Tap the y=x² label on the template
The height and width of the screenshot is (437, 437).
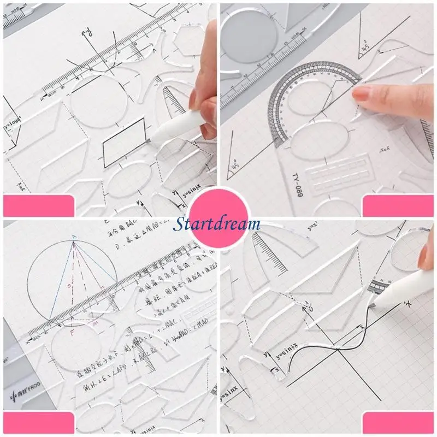pos(312,226)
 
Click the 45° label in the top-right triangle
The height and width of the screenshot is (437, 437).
pos(363,50)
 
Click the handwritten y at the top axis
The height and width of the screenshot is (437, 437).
pos(86,34)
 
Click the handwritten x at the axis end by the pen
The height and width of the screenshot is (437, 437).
pos(407,302)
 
